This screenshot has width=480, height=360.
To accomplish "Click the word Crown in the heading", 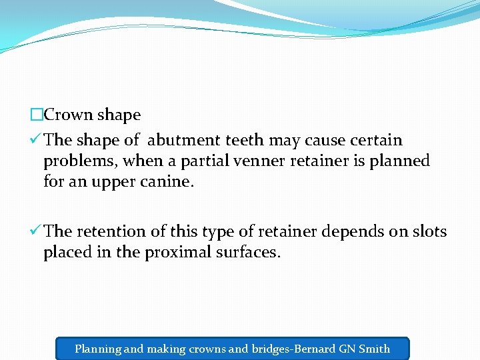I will click(x=68, y=115).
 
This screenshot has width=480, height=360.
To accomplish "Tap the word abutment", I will click(x=184, y=141).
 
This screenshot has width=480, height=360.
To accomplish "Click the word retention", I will click(x=110, y=232).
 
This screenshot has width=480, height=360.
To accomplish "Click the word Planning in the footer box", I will click(x=98, y=349).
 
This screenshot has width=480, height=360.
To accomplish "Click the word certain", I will click(x=374, y=141).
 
